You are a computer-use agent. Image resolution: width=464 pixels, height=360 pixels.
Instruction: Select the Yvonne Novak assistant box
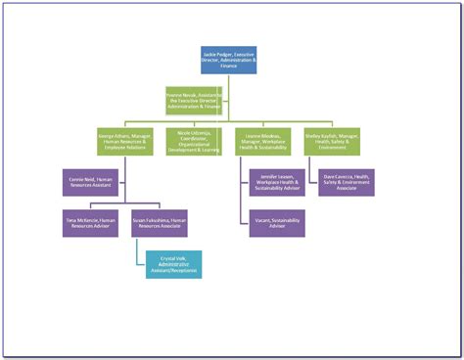[x=192, y=99]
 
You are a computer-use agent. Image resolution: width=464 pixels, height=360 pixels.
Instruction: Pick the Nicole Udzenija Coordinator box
[x=192, y=142]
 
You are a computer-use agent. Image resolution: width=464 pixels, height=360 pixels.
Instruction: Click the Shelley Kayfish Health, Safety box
[x=332, y=142]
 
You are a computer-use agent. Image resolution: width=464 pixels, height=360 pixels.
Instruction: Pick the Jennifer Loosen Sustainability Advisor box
[x=275, y=183]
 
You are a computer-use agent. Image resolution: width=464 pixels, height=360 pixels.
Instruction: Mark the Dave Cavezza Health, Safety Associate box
[x=347, y=183]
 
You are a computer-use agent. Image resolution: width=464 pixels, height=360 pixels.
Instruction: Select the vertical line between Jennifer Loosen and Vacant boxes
[x=240, y=202]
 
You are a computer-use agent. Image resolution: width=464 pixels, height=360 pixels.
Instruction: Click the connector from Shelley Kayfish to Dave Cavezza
[x=311, y=171]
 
